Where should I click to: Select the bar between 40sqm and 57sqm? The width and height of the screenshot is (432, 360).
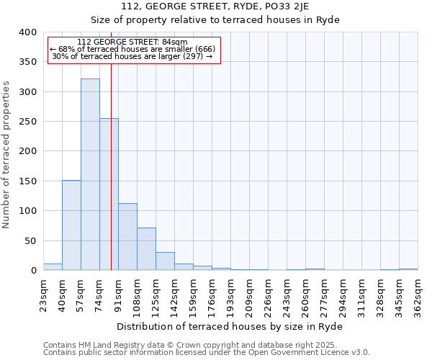pos(71,225)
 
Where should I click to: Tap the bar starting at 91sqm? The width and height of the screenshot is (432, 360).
pos(127,237)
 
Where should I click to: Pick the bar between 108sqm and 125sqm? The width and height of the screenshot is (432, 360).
pos(146,249)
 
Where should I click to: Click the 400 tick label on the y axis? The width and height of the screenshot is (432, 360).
pos(27,32)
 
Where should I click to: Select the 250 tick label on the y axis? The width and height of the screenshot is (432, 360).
pos(27,122)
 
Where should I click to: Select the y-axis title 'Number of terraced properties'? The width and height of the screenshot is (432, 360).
pos(6,155)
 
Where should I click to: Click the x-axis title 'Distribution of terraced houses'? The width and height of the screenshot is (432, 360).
pos(230,326)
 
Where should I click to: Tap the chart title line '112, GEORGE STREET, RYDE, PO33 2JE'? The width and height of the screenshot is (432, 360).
pos(230,6)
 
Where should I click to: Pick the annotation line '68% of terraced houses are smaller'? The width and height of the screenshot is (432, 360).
pos(132,49)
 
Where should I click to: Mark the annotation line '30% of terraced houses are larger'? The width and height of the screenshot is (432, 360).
pos(132,56)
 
